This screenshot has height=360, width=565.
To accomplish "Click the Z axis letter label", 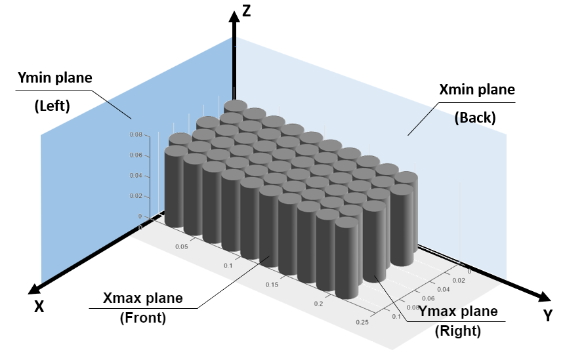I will [x=246, y=10].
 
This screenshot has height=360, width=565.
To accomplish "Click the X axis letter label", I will [x=39, y=306].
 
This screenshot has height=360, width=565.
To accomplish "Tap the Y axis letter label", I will [x=547, y=316].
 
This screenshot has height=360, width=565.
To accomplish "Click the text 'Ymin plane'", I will [x=54, y=78].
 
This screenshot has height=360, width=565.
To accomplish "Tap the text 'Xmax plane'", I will [x=143, y=299].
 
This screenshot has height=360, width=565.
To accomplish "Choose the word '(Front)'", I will [x=142, y=319].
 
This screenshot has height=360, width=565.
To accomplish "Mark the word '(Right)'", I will [x=458, y=332].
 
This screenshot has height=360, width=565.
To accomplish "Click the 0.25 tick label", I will [x=362, y=322].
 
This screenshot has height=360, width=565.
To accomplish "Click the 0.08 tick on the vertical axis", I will [x=135, y=134].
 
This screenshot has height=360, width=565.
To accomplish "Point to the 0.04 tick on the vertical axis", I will [x=135, y=176].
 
